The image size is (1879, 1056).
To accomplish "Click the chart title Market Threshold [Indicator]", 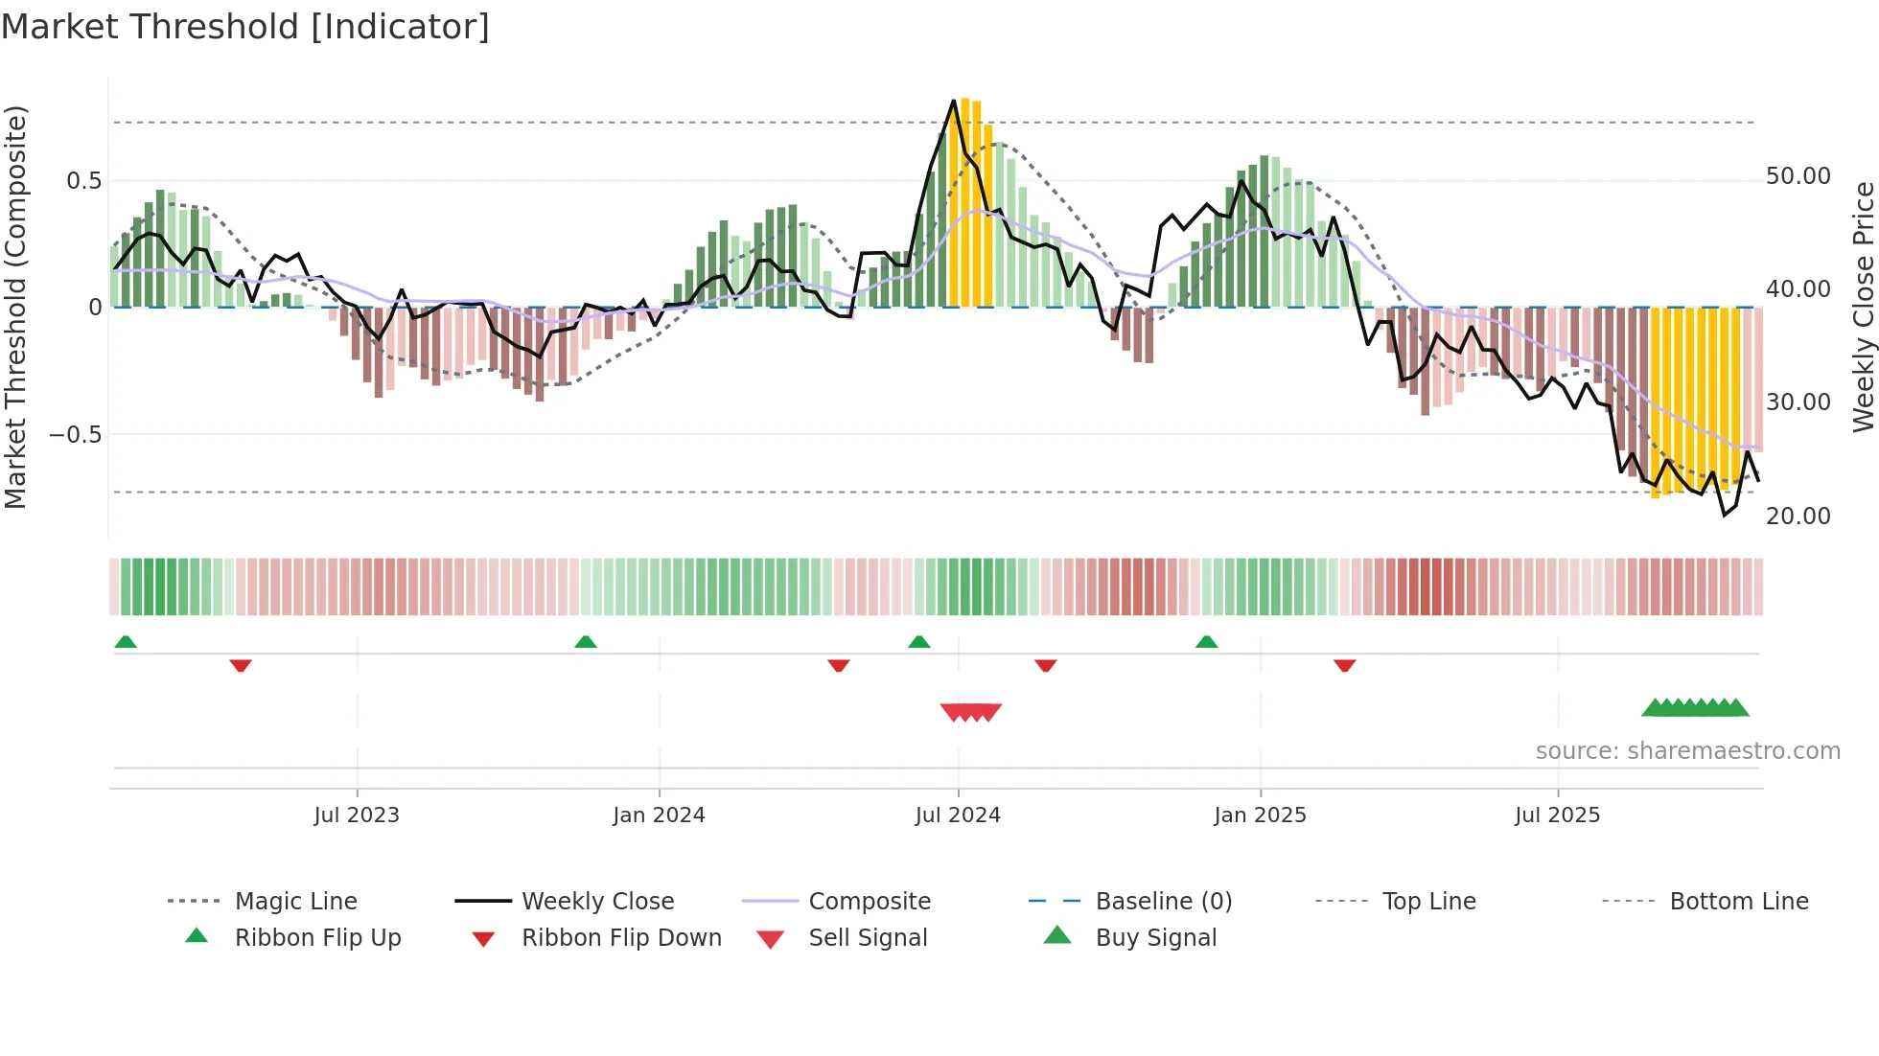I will click(x=245, y=27).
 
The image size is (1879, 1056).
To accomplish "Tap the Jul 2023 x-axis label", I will click(x=357, y=815).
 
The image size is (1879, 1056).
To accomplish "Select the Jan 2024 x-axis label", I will click(x=659, y=815).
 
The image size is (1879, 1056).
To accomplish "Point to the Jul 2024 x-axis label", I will click(x=958, y=815).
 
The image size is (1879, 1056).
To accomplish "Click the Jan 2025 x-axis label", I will click(x=1260, y=815).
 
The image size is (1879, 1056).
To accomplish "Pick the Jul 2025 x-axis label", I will click(x=1558, y=815).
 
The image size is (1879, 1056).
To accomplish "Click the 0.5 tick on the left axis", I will click(x=83, y=181).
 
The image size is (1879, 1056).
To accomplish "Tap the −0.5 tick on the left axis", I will click(x=76, y=435).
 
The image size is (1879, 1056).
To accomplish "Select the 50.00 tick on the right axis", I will click(x=1798, y=176).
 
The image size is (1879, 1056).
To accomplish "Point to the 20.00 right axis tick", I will click(x=1798, y=517).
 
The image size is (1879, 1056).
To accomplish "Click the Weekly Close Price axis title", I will click(x=1863, y=307).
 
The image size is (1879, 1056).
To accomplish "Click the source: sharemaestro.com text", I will click(x=1687, y=751).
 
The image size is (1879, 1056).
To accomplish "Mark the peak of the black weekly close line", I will click(x=954, y=101).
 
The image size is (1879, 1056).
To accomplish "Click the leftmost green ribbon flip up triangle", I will click(x=126, y=642).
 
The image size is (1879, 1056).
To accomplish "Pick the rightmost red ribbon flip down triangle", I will click(x=1345, y=665).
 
